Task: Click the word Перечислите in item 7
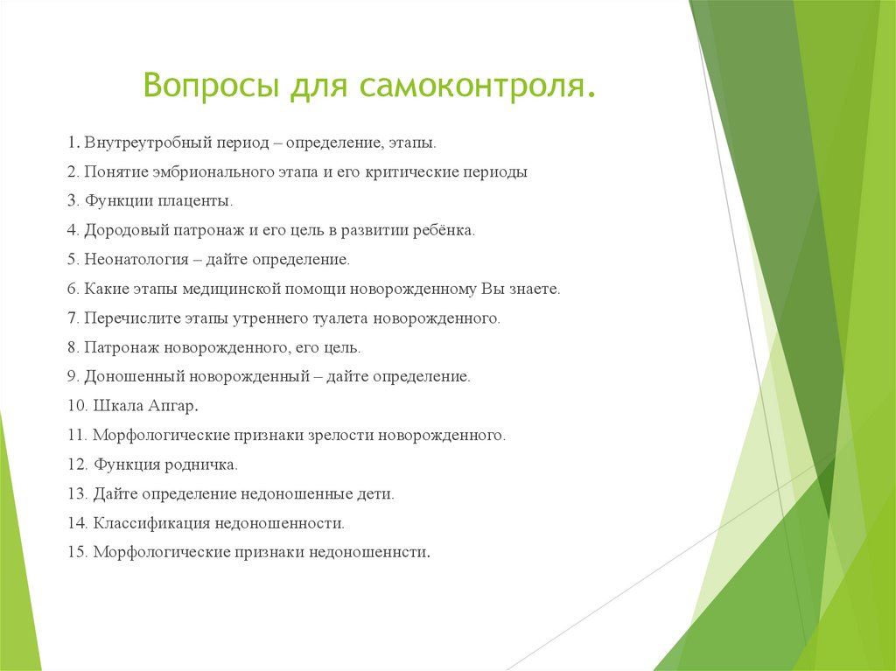point(128,318)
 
